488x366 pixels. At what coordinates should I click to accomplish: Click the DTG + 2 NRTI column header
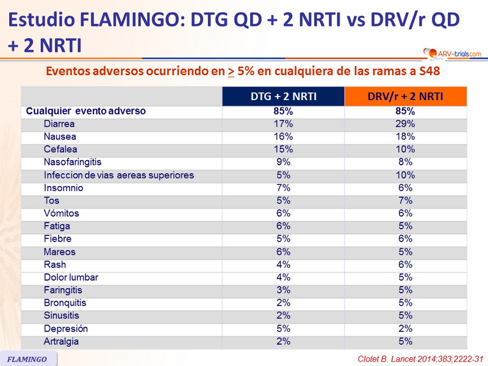tap(283, 96)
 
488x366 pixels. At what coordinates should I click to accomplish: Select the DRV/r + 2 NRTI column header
tap(406, 96)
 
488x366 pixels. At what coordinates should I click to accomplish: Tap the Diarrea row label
tap(59, 124)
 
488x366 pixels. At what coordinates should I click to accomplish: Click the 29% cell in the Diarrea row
tap(406, 124)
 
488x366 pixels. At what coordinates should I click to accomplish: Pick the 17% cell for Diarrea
tap(283, 124)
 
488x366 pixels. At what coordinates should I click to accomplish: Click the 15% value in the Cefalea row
tap(283, 149)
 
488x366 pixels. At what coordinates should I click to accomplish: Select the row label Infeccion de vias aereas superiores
tap(118, 175)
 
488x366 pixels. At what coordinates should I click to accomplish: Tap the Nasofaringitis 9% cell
tap(283, 162)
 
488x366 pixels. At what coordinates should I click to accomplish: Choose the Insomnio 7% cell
tap(283, 188)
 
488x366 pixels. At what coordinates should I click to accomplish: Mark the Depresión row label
tap(65, 329)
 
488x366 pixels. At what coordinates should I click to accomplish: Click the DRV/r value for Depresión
tap(406, 329)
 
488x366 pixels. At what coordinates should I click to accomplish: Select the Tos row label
tap(51, 201)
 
